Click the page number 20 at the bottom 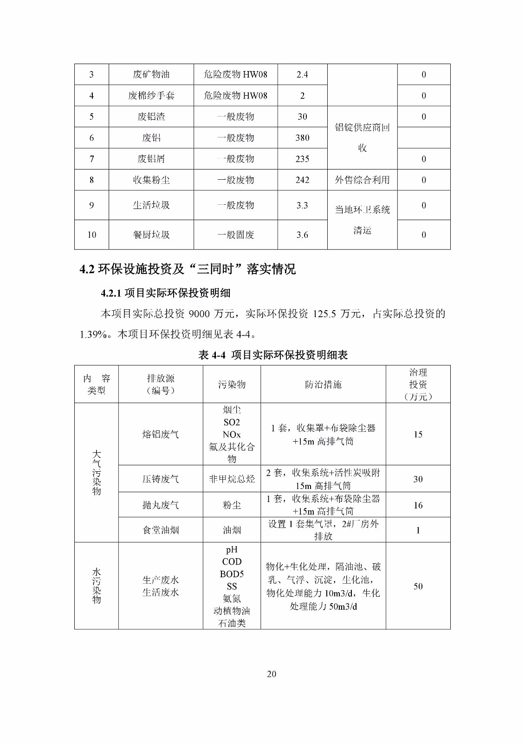pyautogui.click(x=272, y=674)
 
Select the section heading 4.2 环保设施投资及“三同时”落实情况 pyautogui.click(x=188, y=269)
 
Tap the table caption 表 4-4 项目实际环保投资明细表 pyautogui.click(x=273, y=355)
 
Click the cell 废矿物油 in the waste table pyautogui.click(x=151, y=74)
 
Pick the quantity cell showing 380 pyautogui.click(x=302, y=137)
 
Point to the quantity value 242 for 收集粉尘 pyautogui.click(x=302, y=180)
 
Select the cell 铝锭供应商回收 pyautogui.click(x=362, y=137)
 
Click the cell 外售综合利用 pyautogui.click(x=362, y=180)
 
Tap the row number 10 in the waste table pyautogui.click(x=92, y=235)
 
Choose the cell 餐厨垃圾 pyautogui.click(x=151, y=235)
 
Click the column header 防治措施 pyautogui.click(x=323, y=385)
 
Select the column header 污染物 pyautogui.click(x=232, y=385)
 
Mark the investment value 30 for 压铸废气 pyautogui.click(x=418, y=479)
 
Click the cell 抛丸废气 pyautogui.click(x=161, y=505)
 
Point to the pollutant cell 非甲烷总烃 pyautogui.click(x=232, y=479)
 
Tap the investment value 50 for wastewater pyautogui.click(x=418, y=586)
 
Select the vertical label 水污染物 pyautogui.click(x=97, y=586)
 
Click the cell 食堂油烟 pyautogui.click(x=161, y=530)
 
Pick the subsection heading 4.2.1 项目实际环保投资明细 pyautogui.click(x=165, y=293)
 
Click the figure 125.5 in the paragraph pyautogui.click(x=324, y=314)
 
